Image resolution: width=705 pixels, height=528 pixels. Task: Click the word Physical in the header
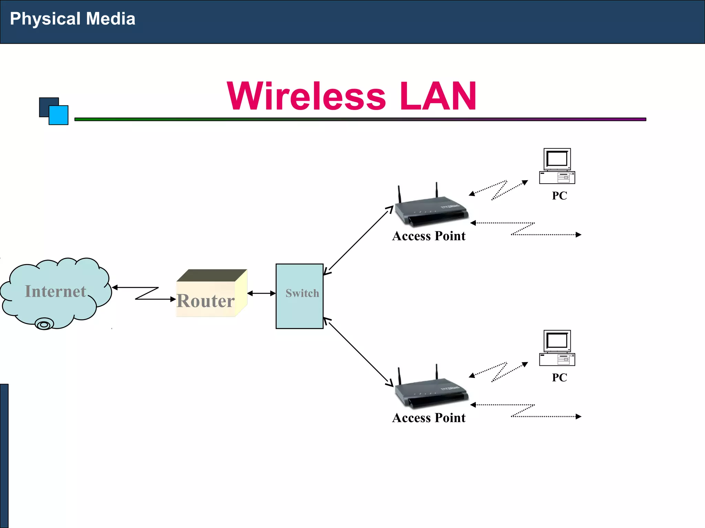tap(45, 19)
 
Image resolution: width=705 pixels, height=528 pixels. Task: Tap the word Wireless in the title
tap(306, 97)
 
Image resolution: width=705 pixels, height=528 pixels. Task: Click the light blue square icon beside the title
tap(59, 115)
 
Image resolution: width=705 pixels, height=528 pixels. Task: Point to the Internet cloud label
tap(55, 291)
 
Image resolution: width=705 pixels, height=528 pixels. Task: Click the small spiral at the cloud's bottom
tap(44, 324)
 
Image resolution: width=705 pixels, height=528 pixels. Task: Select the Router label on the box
tap(206, 301)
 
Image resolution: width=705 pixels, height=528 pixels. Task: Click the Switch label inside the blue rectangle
tap(302, 293)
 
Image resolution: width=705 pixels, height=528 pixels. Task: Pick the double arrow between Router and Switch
tap(262, 293)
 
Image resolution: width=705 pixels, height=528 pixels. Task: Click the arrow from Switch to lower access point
tap(358, 352)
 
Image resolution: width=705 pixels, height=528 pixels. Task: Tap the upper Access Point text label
tap(429, 236)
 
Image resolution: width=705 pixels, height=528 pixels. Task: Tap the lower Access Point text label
tap(429, 418)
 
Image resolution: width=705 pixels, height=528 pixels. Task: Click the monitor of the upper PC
tap(557, 159)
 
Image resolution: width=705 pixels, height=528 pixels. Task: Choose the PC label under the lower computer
tap(559, 377)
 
